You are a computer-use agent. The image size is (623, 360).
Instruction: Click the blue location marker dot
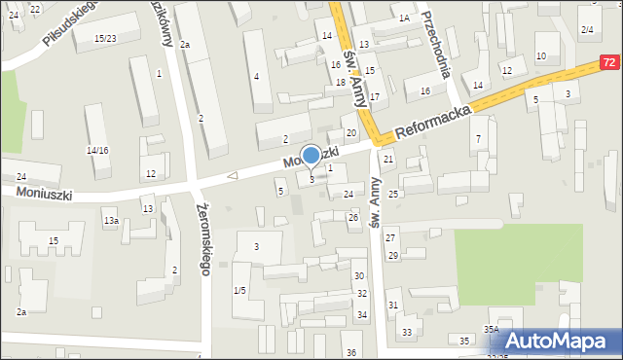[x=311, y=155]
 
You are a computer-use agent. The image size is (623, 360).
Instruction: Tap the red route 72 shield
[x=609, y=62]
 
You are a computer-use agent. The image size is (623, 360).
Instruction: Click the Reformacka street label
[x=433, y=124]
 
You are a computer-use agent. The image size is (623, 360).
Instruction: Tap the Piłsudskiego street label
[x=71, y=22]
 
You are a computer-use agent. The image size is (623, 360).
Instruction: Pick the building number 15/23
[x=105, y=38]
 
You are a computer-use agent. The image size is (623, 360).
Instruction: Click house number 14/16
[x=97, y=150]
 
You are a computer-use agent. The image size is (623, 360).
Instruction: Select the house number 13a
[x=112, y=221]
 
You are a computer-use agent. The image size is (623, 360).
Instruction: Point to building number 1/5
[x=239, y=290]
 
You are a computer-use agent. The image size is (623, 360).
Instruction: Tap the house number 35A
[x=492, y=329]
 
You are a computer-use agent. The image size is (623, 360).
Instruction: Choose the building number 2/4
[x=587, y=30]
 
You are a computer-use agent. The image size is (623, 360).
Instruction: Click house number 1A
[x=404, y=18]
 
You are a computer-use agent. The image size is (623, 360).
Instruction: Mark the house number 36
[x=350, y=352]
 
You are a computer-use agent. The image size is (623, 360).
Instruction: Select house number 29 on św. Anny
[x=393, y=255]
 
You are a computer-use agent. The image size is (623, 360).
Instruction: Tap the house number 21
[x=388, y=159]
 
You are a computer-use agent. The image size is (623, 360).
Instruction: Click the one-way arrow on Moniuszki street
[x=232, y=176]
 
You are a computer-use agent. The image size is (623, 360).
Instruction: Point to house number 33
[x=407, y=332]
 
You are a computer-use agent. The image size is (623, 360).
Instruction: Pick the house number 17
[x=374, y=97]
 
